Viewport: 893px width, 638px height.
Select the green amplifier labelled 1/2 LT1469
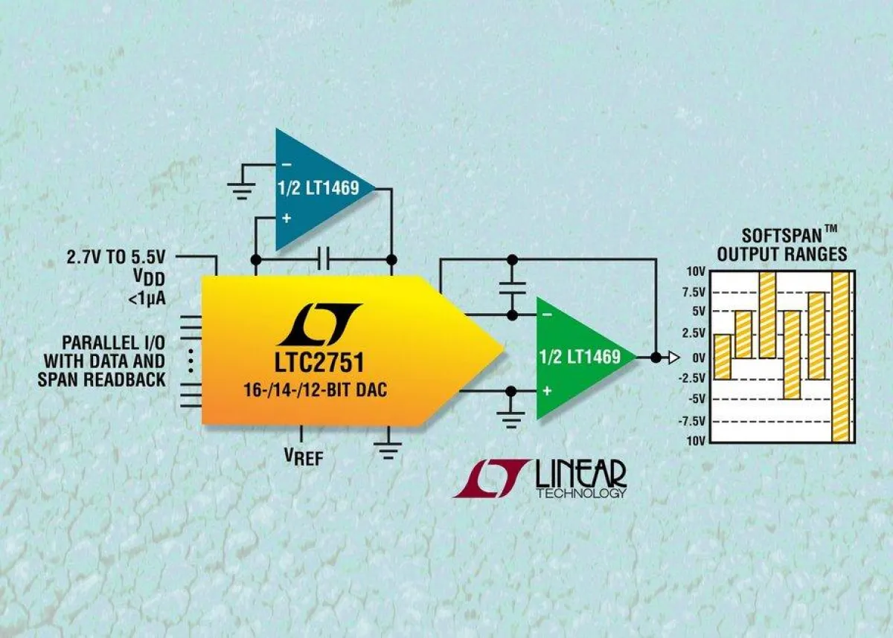pos(580,356)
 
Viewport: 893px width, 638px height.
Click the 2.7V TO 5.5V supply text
pos(118,257)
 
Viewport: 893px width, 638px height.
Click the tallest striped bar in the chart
pos(841,356)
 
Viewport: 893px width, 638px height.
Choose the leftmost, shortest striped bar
pos(722,356)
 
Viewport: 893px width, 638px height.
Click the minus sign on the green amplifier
pos(548,315)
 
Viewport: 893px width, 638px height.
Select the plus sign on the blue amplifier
pos(287,219)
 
